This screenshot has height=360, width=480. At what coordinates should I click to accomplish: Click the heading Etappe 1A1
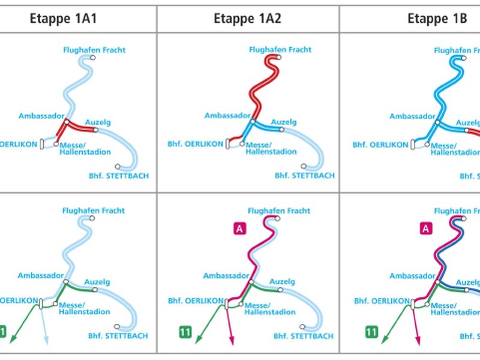[x=64, y=18]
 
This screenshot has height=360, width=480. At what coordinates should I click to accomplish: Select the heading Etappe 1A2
[x=247, y=18]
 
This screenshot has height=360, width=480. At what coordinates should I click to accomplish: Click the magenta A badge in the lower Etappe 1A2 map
[x=238, y=228]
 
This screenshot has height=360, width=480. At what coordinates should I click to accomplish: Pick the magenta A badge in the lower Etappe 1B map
[x=425, y=228]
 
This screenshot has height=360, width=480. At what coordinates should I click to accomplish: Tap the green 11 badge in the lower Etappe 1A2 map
[x=185, y=331]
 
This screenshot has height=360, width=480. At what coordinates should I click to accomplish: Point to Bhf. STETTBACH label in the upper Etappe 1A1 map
[x=118, y=176]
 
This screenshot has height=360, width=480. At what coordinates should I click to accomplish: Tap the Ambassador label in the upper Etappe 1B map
[x=412, y=116]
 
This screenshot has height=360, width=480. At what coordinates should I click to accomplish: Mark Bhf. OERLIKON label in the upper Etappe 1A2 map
[x=196, y=144]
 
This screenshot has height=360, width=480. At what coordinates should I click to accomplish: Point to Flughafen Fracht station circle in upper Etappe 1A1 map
[x=94, y=58]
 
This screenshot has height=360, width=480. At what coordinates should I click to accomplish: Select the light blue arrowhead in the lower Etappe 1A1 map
[x=47, y=341]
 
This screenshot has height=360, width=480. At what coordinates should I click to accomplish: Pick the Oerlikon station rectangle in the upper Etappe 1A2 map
[x=228, y=144]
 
